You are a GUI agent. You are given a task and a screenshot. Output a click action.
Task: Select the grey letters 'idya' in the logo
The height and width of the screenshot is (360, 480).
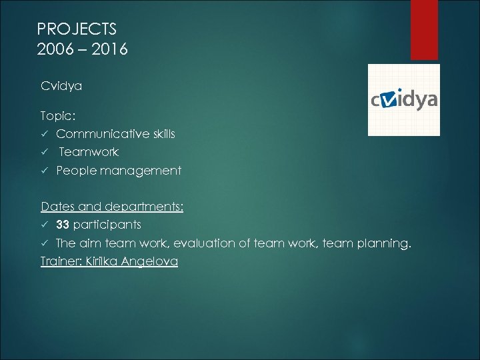pos(419,100)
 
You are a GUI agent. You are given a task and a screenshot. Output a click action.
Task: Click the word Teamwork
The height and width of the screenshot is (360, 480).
pos(89,152)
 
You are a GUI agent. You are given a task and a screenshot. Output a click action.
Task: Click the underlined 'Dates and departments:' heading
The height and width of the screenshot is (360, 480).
pos(112,207)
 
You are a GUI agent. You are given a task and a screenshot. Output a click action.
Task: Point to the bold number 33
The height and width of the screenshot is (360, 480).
pos(63,225)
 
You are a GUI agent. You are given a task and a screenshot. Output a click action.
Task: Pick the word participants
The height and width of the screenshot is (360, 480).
pos(107,225)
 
